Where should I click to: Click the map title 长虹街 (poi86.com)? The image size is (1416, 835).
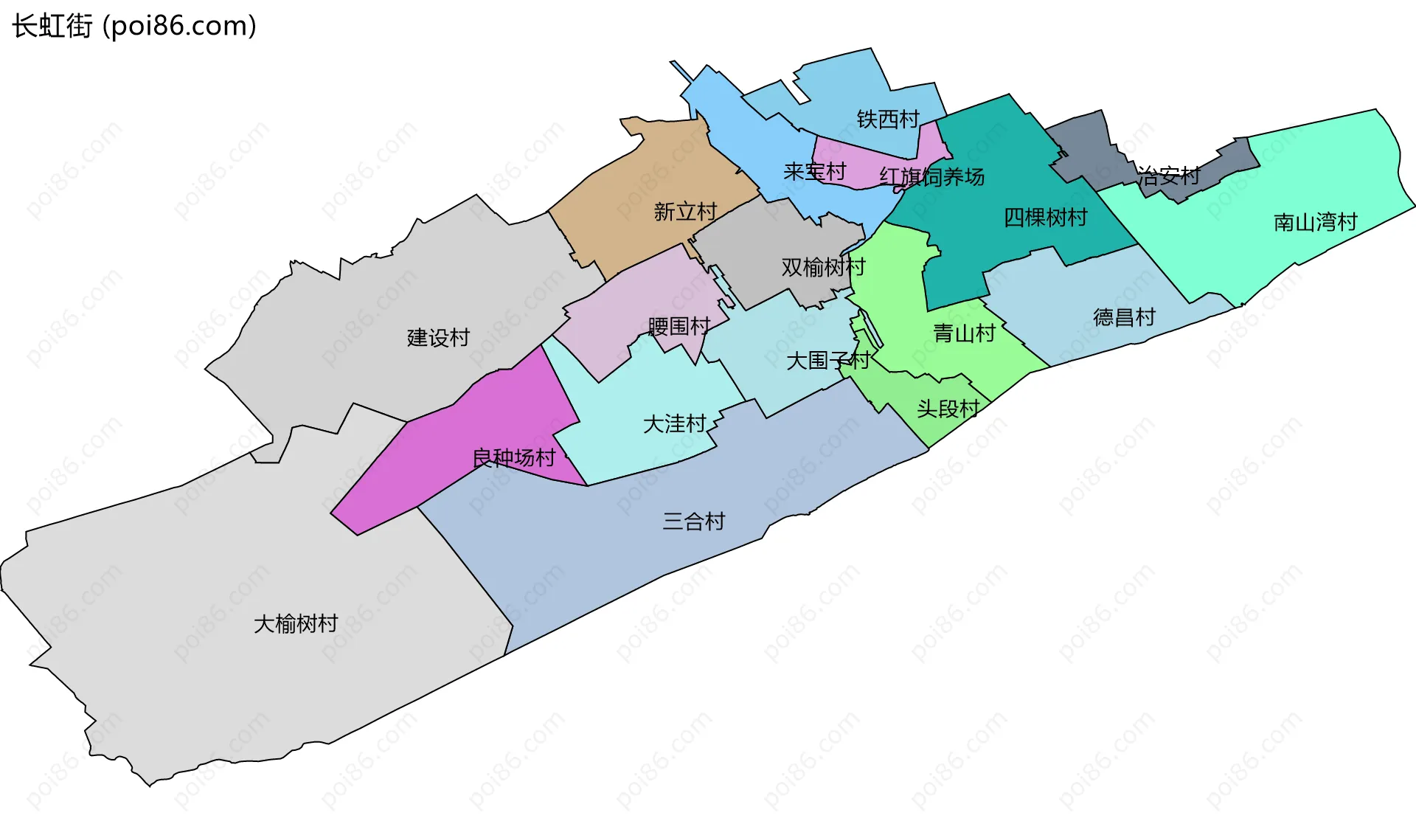pyautogui.click(x=134, y=26)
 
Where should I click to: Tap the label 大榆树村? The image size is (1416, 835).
pyautogui.click(x=296, y=624)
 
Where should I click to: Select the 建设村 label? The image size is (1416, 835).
pyautogui.click(x=438, y=338)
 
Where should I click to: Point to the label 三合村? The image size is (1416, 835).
pyautogui.click(x=693, y=522)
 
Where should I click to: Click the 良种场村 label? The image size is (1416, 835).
pyautogui.click(x=513, y=458)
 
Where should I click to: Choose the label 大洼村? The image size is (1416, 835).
pyautogui.click(x=674, y=424)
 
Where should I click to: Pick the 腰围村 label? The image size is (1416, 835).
pyautogui.click(x=678, y=326)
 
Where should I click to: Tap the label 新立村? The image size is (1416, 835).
pyautogui.click(x=685, y=212)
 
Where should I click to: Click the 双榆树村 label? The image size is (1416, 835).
pyautogui.click(x=823, y=267)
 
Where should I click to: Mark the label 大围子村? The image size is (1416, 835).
pyautogui.click(x=827, y=361)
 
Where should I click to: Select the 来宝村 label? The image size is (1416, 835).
pyautogui.click(x=814, y=172)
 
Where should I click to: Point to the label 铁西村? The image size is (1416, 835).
pyautogui.click(x=888, y=119)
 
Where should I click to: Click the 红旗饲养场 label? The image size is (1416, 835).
pyautogui.click(x=931, y=177)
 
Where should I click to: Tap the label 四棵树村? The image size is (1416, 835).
pyautogui.click(x=1045, y=218)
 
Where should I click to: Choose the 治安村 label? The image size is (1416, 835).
pyautogui.click(x=1168, y=176)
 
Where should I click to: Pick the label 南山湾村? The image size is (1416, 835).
pyautogui.click(x=1315, y=222)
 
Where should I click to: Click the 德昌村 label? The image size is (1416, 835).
pyautogui.click(x=1124, y=318)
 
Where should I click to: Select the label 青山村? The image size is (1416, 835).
pyautogui.click(x=964, y=333)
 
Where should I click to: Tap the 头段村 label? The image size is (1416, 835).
pyautogui.click(x=948, y=409)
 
